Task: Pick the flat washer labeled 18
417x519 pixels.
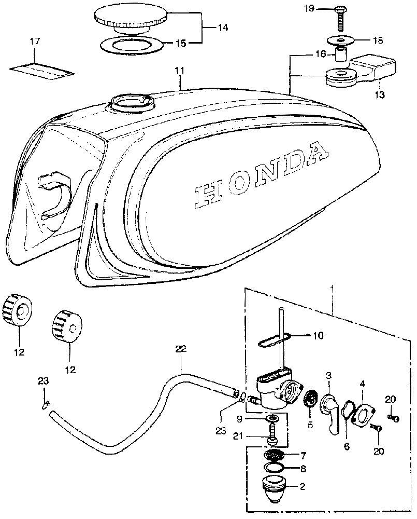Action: (x=339, y=40)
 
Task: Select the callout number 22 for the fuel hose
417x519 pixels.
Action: (x=180, y=350)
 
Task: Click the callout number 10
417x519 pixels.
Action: (x=318, y=335)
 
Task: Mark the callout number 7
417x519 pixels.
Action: (x=303, y=455)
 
